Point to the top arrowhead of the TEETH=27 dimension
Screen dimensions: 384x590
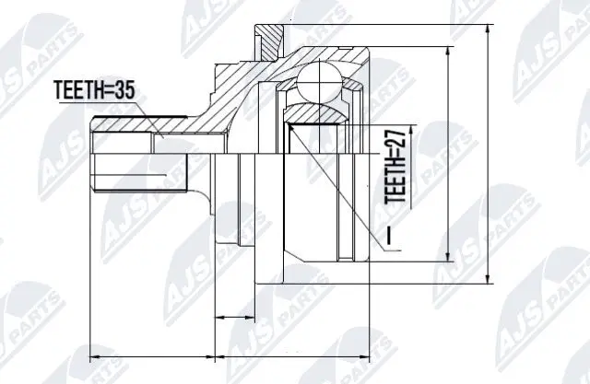411,123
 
